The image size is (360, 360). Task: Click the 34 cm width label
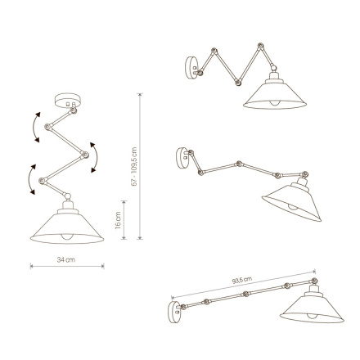click(66, 259)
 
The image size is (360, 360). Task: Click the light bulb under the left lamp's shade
click(67, 238)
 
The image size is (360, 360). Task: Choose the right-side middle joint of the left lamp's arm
click(81, 151)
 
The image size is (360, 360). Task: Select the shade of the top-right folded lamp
click(273, 93)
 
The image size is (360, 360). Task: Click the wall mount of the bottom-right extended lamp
click(173, 309)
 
